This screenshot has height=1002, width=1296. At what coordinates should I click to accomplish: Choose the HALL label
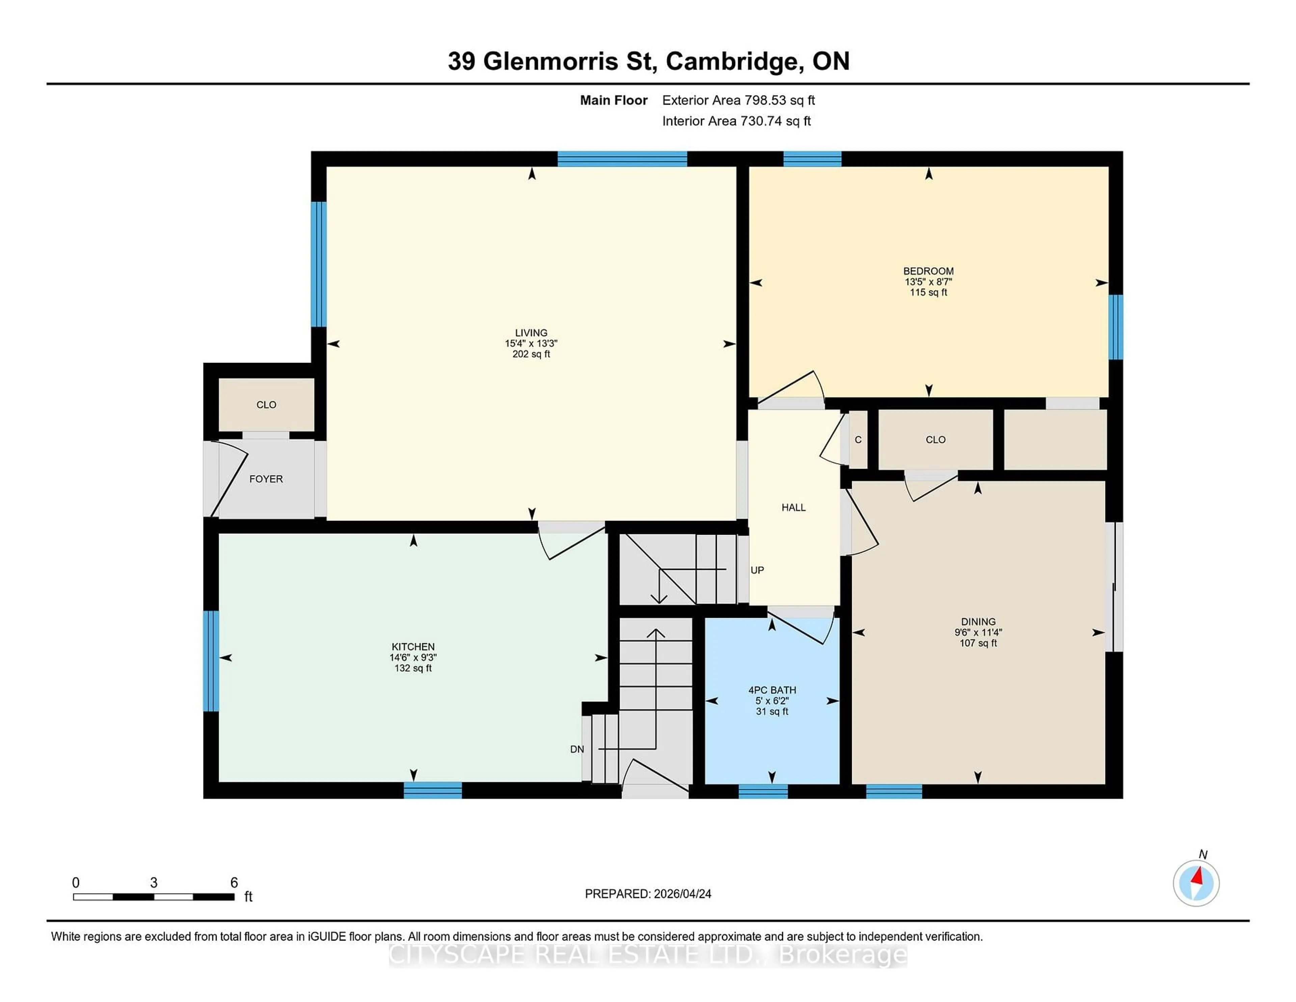click(x=793, y=507)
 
